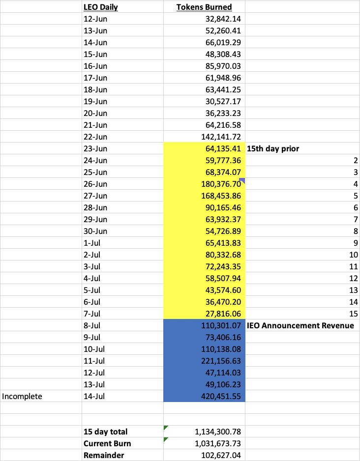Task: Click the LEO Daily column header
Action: (101, 7)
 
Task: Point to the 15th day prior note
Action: (272, 148)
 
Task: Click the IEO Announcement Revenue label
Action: (300, 325)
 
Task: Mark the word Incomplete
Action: (22, 396)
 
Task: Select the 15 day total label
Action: (105, 432)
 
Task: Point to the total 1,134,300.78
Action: (216, 432)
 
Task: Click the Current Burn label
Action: (107, 443)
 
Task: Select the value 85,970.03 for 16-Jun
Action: (222, 66)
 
